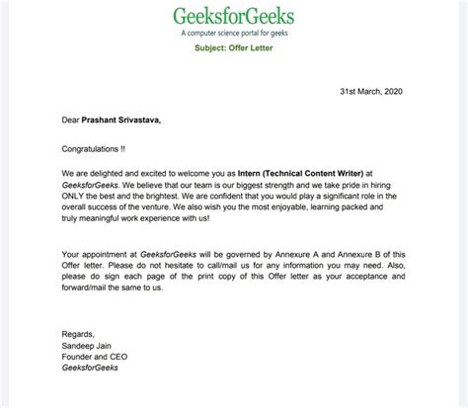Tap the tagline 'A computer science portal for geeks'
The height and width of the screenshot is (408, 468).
234,35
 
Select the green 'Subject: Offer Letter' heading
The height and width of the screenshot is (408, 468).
234,50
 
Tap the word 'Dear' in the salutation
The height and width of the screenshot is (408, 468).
71,121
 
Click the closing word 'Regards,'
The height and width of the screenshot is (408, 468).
79,336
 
